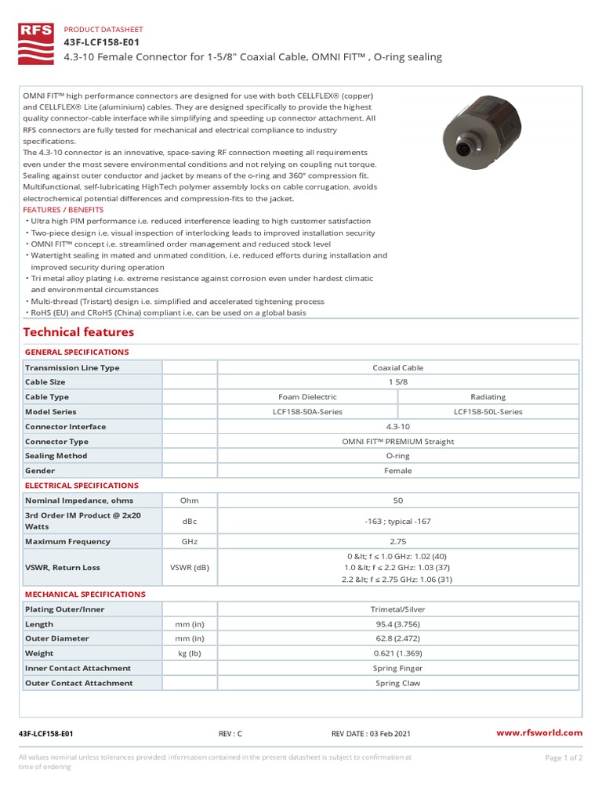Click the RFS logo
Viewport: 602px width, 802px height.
point(35,42)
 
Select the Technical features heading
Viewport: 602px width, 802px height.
point(78,332)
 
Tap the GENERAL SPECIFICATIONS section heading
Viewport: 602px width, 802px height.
point(77,352)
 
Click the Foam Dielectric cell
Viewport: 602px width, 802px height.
point(307,397)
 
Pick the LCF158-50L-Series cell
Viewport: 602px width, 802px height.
point(488,412)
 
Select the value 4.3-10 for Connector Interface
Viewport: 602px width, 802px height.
point(397,427)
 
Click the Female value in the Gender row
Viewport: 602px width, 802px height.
point(397,471)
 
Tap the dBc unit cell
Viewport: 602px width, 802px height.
point(189,521)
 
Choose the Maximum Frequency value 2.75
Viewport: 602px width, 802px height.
point(397,541)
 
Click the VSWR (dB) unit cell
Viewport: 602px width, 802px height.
point(189,568)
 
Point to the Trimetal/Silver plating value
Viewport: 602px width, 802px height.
point(397,609)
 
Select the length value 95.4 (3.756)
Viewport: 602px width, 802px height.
point(397,624)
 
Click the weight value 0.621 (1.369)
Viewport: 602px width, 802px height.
point(397,653)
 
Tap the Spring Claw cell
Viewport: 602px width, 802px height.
point(397,683)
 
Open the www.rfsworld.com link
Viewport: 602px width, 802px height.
point(540,733)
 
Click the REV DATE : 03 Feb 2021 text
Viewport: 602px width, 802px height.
point(371,734)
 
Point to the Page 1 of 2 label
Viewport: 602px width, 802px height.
point(562,757)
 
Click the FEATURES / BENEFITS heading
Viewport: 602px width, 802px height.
point(63,210)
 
